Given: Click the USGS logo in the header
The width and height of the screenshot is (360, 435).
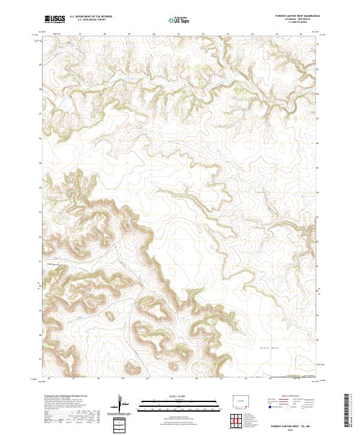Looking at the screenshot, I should click(x=55, y=19).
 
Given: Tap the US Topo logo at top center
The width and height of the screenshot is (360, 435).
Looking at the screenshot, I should click(x=179, y=20).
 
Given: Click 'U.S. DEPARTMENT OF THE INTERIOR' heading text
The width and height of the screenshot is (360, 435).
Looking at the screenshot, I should click(x=90, y=17).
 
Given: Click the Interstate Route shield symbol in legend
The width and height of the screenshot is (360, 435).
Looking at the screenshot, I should click(x=269, y=407).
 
